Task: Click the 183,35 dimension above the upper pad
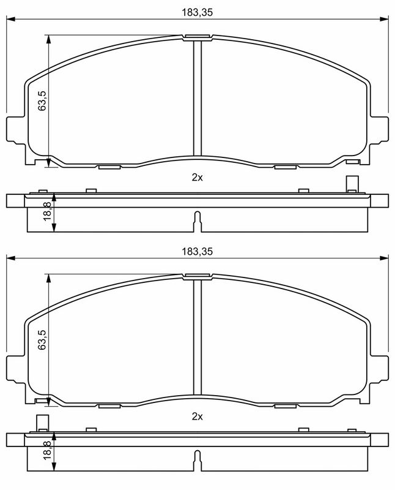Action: click(197, 12)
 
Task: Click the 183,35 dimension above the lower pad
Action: click(197, 251)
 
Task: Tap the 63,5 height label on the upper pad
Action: click(42, 100)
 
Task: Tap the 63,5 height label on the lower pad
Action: click(42, 340)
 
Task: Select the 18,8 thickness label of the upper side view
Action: click(48, 211)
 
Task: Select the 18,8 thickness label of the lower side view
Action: click(48, 450)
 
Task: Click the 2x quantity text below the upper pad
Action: click(197, 178)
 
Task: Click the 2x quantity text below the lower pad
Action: click(197, 417)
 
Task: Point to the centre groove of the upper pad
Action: click(197, 98)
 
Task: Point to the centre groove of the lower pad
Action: click(197, 337)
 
